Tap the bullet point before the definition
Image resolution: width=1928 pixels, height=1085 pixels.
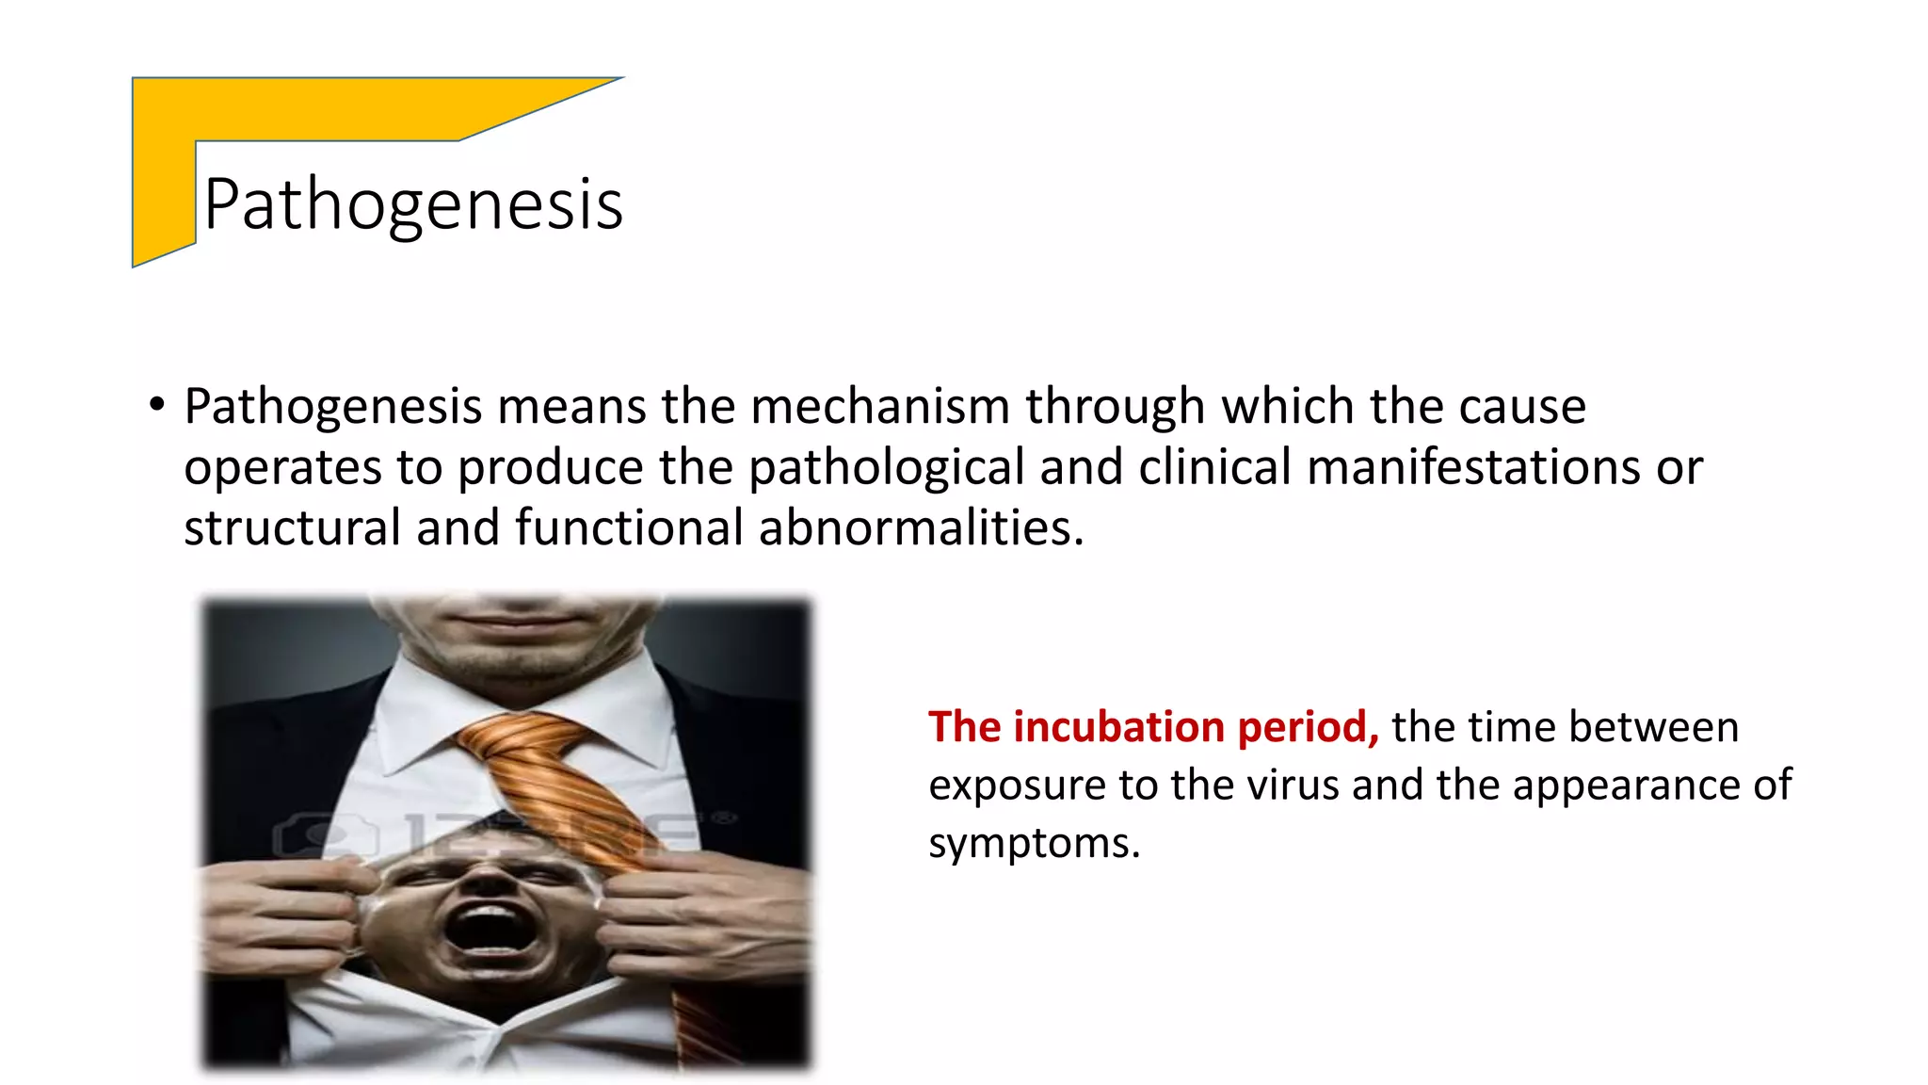(156, 406)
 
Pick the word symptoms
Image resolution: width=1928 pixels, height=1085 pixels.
(1033, 843)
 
